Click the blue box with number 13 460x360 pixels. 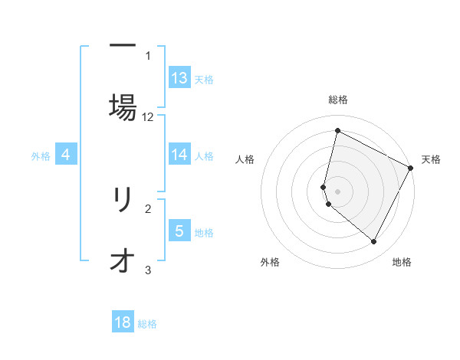(179, 78)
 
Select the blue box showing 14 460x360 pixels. (179, 155)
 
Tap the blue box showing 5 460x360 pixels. (179, 231)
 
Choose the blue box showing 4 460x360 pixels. (66, 155)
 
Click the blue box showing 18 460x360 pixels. (123, 322)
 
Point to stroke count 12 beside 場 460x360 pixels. (148, 117)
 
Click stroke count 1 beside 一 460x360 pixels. (148, 55)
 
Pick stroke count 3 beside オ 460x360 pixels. (148, 270)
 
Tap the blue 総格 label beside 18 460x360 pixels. (147, 324)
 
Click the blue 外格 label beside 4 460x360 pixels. (41, 156)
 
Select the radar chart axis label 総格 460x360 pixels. (338, 100)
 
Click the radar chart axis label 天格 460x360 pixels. (431, 159)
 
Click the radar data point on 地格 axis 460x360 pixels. (374, 242)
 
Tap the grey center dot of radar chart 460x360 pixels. (338, 191)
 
